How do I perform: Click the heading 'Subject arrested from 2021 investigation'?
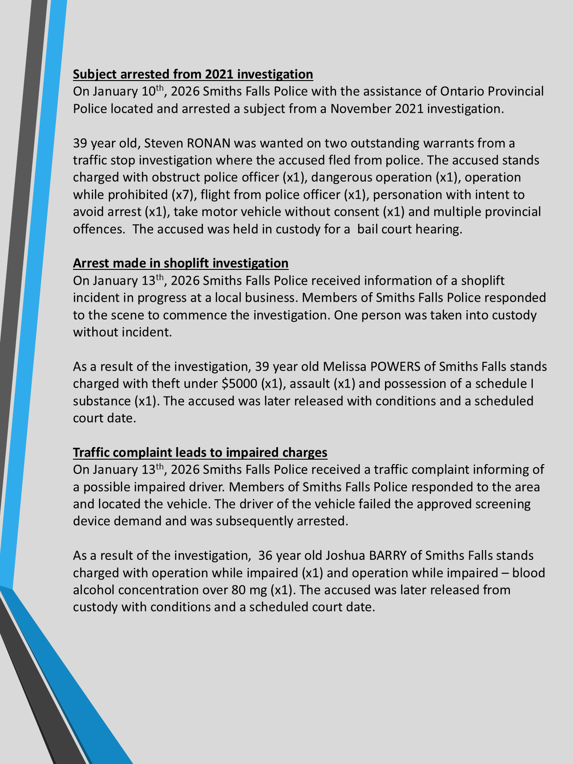pos(193,74)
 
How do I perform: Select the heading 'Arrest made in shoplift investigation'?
pos(180,263)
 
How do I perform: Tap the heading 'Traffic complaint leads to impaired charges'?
pos(200,452)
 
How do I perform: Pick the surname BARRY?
pos(388,555)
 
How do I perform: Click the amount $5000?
pos(239,384)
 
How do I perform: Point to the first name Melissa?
pos(344,367)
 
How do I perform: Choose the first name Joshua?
pos(345,555)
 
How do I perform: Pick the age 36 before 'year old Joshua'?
pos(265,555)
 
